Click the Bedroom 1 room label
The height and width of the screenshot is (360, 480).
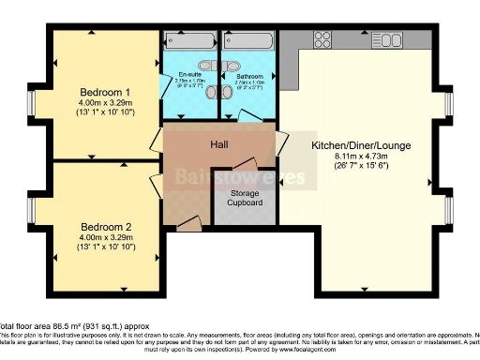coord(105,92)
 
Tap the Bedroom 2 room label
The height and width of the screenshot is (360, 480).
coord(105,227)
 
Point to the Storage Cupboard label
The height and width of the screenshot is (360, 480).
coord(245,198)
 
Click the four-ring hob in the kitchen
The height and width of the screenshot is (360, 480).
coord(322,39)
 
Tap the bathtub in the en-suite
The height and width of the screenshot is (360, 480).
coord(188,40)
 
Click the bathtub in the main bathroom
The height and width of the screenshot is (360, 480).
coord(247,40)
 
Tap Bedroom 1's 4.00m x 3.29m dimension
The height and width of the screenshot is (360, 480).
coord(105,103)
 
